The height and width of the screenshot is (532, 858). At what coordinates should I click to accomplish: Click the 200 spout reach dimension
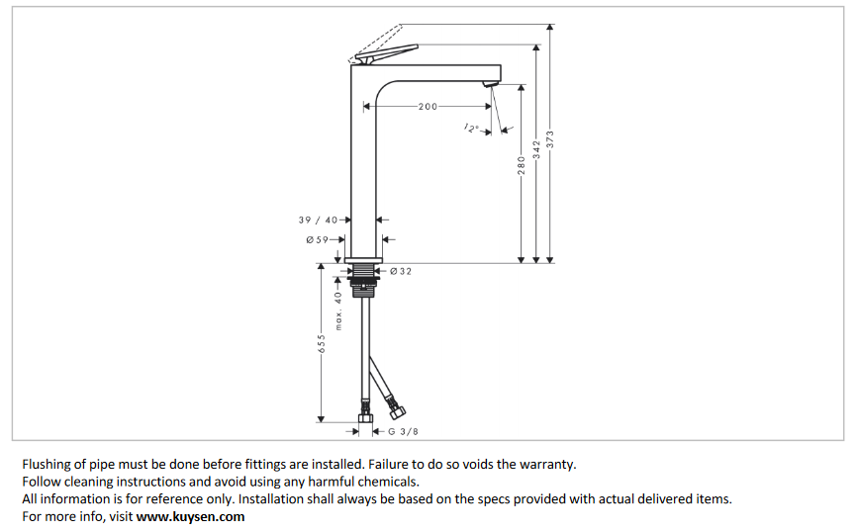(x=428, y=107)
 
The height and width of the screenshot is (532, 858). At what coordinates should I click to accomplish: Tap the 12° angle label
(x=471, y=128)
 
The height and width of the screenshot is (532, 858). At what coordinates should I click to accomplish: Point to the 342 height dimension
(x=536, y=150)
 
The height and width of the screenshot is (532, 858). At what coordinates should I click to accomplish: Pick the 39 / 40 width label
(x=318, y=220)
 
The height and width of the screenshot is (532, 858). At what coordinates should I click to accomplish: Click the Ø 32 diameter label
(x=401, y=271)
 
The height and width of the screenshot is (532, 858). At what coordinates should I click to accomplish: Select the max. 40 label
(x=337, y=310)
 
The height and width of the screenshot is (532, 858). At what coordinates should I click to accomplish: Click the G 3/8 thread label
(x=403, y=431)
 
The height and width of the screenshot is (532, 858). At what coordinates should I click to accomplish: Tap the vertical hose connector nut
(x=366, y=409)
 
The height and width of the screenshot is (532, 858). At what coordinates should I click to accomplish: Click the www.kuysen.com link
(x=190, y=516)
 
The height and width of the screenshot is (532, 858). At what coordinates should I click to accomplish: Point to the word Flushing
(x=47, y=464)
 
